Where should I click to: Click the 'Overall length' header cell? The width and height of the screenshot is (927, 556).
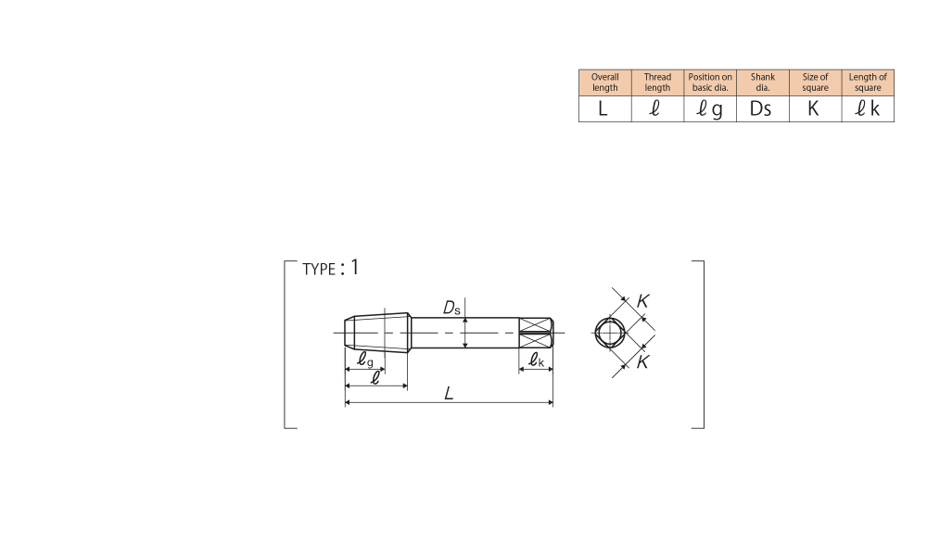pos(604,82)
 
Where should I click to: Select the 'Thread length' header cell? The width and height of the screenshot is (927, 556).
pos(657,82)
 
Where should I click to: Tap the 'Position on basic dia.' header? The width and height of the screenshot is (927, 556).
pos(710,82)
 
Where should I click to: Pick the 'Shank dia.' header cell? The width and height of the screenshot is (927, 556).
pos(763,82)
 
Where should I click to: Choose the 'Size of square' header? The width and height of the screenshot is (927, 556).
pos(815,82)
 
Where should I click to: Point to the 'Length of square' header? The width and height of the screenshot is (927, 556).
pos(868,82)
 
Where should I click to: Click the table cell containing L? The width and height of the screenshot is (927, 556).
pos(604,108)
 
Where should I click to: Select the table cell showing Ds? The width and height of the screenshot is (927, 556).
pos(763,108)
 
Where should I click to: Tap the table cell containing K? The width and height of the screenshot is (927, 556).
pos(815,108)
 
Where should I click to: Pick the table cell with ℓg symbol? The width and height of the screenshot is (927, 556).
pos(710,108)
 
